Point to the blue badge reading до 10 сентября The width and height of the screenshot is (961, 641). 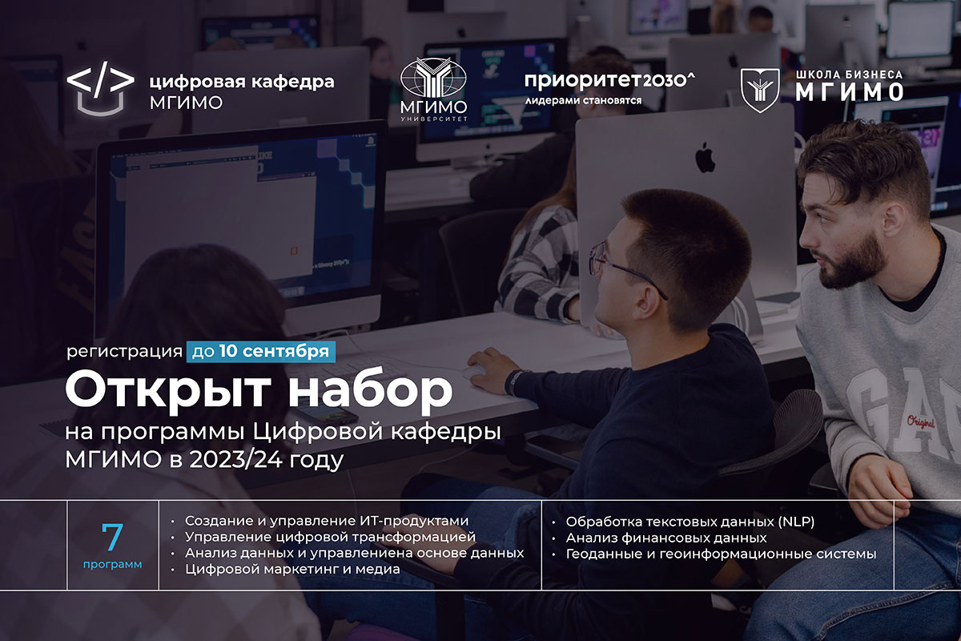pyautogui.click(x=259, y=351)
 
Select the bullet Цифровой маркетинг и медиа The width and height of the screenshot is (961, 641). pyautogui.click(x=292, y=569)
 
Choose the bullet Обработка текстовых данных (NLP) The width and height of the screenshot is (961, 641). pyautogui.click(x=690, y=522)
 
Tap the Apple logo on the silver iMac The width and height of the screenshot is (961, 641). pyautogui.click(x=705, y=158)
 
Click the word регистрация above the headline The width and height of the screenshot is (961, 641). pyautogui.click(x=124, y=351)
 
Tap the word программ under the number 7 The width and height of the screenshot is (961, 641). pyautogui.click(x=112, y=565)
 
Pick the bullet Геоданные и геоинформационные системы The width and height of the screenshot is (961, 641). pyautogui.click(x=721, y=554)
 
